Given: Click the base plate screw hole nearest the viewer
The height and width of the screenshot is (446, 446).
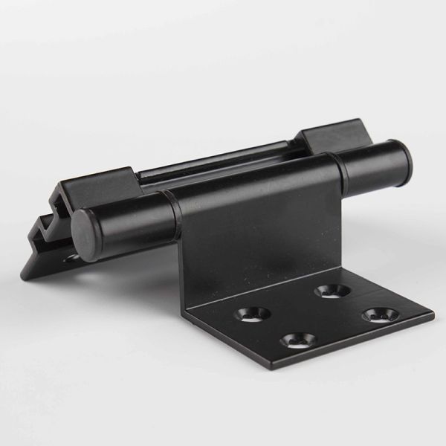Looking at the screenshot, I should [x=298, y=340].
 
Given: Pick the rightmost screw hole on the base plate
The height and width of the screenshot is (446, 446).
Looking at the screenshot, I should [x=378, y=314].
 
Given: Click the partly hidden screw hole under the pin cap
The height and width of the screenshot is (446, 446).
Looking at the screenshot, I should [x=72, y=259].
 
